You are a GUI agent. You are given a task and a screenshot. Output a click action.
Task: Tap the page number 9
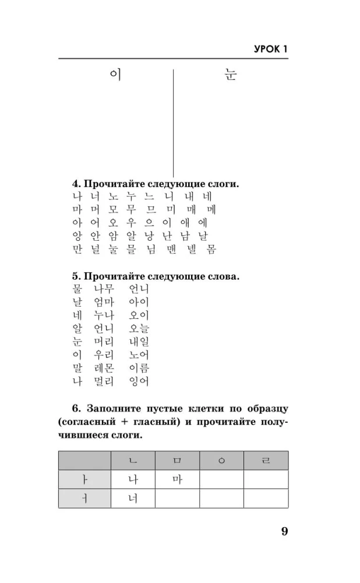(x=284, y=531)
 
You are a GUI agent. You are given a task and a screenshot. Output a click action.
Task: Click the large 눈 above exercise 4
(x=231, y=75)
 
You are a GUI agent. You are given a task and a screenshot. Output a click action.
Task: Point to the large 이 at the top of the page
(x=115, y=75)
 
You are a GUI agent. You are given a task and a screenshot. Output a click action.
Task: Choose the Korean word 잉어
(x=139, y=381)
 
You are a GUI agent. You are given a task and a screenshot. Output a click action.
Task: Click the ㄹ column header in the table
(x=266, y=461)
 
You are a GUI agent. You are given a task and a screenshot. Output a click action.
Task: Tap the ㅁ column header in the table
(x=177, y=461)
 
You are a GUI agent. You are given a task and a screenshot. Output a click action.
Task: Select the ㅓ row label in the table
(x=84, y=498)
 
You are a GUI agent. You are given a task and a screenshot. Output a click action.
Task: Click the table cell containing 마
(x=177, y=479)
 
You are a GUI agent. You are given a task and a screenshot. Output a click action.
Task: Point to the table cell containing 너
(x=133, y=498)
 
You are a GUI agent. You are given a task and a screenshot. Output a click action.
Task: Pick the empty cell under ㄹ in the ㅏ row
(x=266, y=479)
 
